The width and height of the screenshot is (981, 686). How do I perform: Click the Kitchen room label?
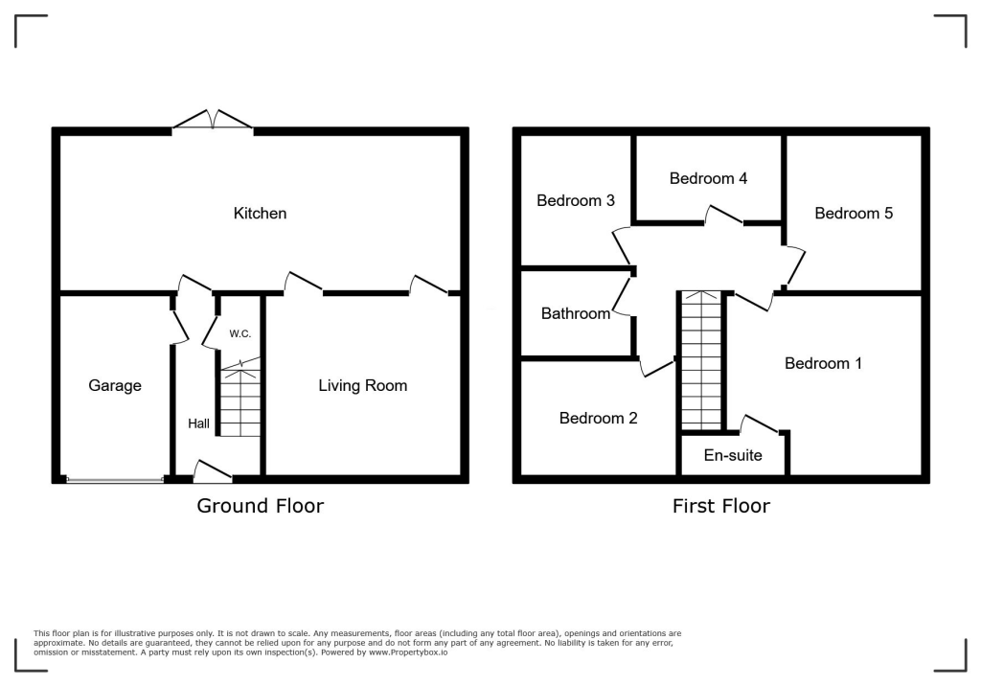tap(260, 213)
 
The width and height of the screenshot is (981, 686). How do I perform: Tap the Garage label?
tap(115, 385)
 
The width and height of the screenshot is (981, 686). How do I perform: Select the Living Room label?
tap(363, 385)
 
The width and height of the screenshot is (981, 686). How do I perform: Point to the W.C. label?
tap(240, 333)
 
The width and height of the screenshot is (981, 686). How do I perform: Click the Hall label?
tap(198, 423)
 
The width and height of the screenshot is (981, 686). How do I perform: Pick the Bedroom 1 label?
tap(823, 363)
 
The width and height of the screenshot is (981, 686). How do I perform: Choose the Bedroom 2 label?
tap(598, 418)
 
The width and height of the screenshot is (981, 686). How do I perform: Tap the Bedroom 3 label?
tap(575, 200)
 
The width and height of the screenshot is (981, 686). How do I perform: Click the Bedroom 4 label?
tap(708, 178)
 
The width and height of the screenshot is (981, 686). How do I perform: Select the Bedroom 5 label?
tap(854, 213)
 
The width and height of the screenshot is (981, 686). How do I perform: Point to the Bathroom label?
tap(575, 313)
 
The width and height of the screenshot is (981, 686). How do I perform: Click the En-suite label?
tap(733, 455)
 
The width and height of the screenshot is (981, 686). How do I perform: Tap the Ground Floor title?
tap(260, 505)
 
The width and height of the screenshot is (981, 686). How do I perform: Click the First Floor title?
tap(720, 505)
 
